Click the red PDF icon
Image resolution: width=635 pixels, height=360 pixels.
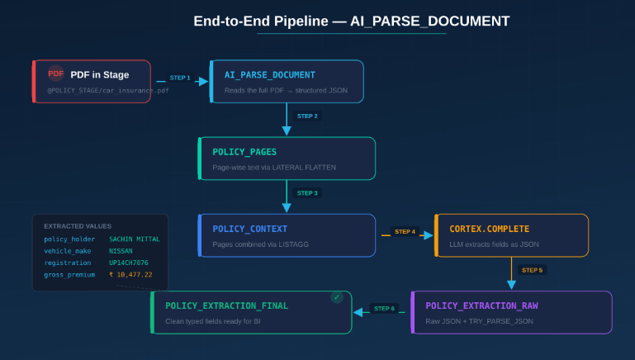point(55,73)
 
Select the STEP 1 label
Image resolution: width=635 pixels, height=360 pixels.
point(179,78)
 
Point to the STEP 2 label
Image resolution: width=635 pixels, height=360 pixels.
point(307,116)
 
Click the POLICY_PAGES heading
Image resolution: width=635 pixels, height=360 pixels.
point(244,152)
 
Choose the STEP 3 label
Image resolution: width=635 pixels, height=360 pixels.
point(307,192)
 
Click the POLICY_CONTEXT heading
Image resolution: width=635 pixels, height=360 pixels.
point(249,229)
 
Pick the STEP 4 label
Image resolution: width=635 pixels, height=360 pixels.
point(405,232)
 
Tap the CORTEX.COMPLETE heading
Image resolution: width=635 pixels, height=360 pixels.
point(490,229)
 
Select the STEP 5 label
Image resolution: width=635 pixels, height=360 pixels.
point(532,270)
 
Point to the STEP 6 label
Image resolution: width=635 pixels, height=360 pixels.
point(384,309)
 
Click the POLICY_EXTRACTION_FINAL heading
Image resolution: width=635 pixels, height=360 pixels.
point(227,306)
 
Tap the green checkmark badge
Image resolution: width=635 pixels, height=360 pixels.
point(336,297)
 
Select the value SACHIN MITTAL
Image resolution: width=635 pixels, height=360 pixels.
point(135,239)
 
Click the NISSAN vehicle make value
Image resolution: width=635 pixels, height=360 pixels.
point(121,250)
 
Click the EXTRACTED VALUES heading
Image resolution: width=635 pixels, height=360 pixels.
point(78,225)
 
